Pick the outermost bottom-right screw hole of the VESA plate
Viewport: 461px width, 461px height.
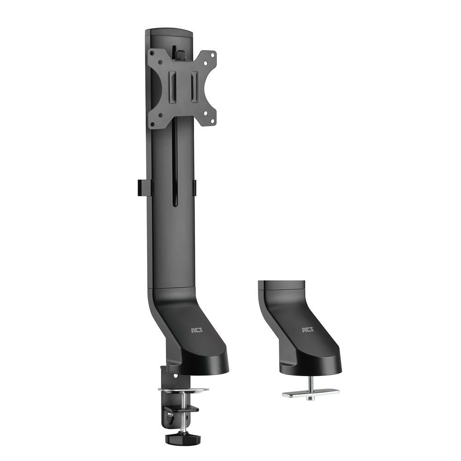point(213,121)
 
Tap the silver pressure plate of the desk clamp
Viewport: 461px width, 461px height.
point(183,390)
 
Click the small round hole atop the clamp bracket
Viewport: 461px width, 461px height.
point(175,376)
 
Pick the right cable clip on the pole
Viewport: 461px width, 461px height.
point(195,187)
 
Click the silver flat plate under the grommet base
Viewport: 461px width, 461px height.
point(311,393)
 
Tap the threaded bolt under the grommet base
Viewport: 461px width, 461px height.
point(310,382)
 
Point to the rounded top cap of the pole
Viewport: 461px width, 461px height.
point(169,33)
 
